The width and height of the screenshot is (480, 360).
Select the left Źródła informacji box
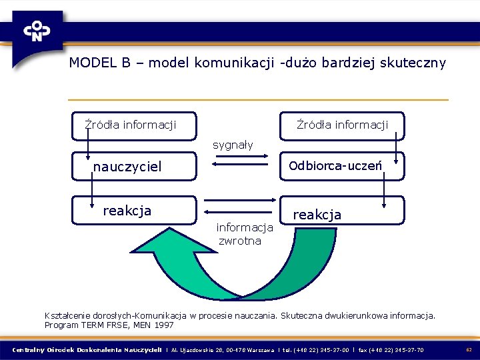(x=134, y=125)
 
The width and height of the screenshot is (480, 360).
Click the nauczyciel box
(x=134, y=167)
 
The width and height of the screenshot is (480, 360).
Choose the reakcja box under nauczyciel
(x=134, y=211)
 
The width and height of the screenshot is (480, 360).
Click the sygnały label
(x=233, y=145)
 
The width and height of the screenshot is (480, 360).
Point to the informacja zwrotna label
(x=240, y=234)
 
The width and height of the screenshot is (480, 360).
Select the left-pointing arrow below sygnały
(x=233, y=171)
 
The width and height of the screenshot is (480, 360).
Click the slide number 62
(x=469, y=350)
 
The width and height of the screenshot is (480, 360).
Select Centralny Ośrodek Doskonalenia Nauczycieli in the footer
(x=87, y=350)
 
